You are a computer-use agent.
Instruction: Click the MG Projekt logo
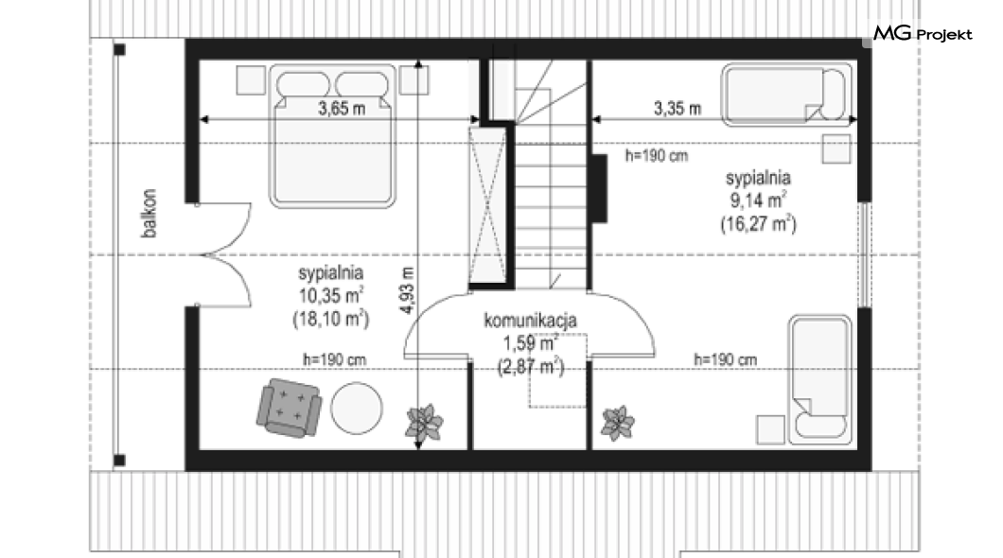pyautogui.click(x=923, y=33)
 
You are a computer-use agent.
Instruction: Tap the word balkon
pyautogui.click(x=150, y=214)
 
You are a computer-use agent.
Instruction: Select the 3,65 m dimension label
pyautogui.click(x=342, y=108)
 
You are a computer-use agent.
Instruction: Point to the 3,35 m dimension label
pyautogui.click(x=677, y=108)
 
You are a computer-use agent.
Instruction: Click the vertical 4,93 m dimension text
pyautogui.click(x=408, y=291)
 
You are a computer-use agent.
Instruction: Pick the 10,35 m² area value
pyautogui.click(x=331, y=295)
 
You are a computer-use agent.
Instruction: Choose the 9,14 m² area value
pyautogui.click(x=759, y=201)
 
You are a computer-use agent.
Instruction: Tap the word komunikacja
pyautogui.click(x=530, y=320)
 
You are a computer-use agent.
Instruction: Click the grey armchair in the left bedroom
pyautogui.click(x=289, y=408)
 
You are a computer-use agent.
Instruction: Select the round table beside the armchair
pyautogui.click(x=357, y=409)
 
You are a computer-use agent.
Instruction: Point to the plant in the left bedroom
pyautogui.click(x=424, y=422)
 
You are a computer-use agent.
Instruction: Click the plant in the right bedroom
pyautogui.click(x=618, y=423)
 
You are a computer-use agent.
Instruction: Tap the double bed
pyautogui.click(x=332, y=135)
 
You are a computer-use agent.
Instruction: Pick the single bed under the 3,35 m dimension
pyautogui.click(x=787, y=95)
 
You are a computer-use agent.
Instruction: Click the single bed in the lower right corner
pyautogui.click(x=820, y=379)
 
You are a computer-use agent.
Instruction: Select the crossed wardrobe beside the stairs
pyautogui.click(x=486, y=205)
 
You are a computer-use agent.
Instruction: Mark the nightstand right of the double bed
pyautogui.click(x=414, y=80)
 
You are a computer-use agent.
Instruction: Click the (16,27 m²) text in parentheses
pyautogui.click(x=759, y=224)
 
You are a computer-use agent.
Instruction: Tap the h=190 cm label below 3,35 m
pyautogui.click(x=657, y=155)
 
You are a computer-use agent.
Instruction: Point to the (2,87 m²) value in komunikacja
pyautogui.click(x=531, y=367)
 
